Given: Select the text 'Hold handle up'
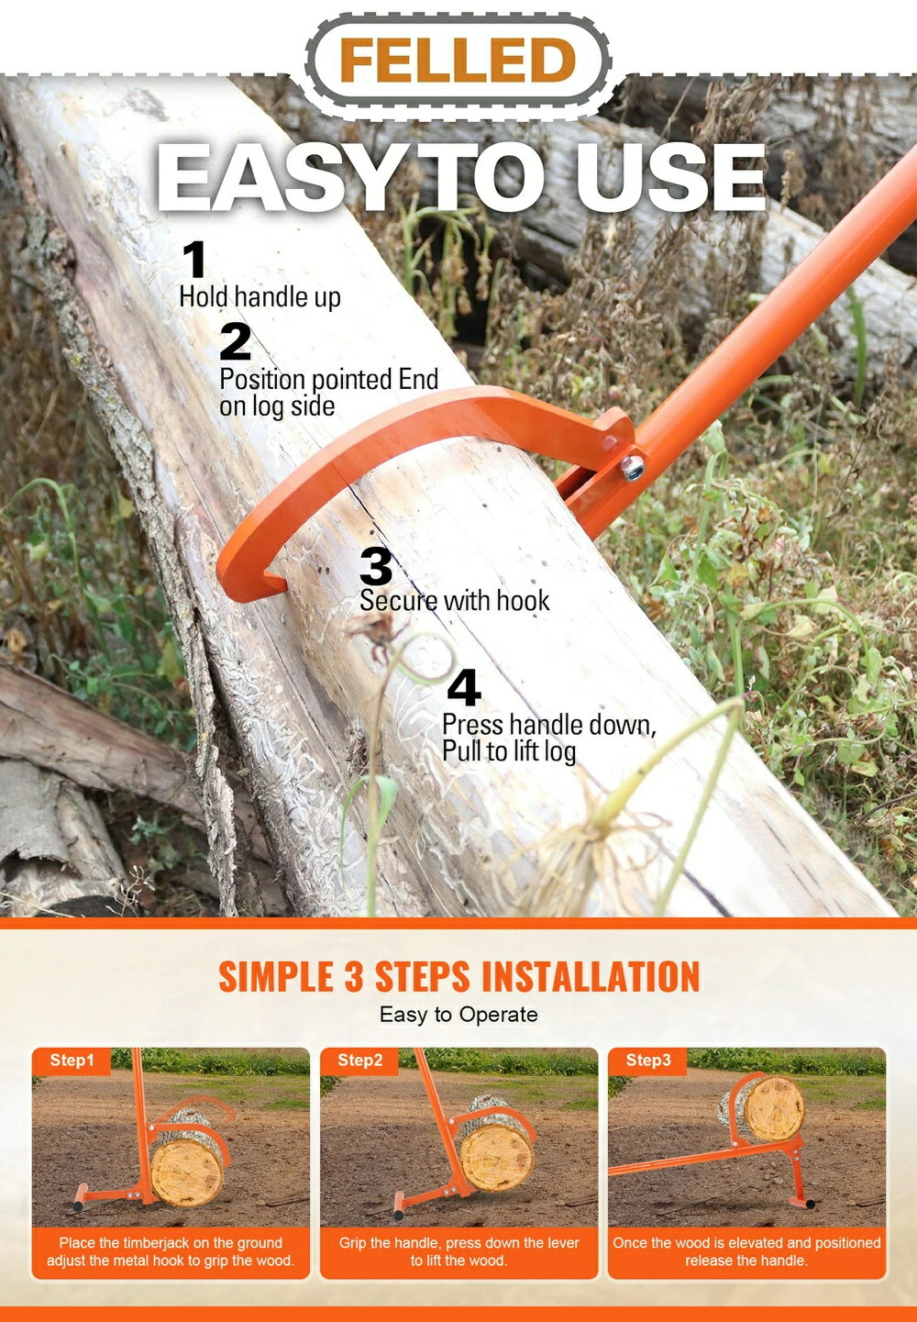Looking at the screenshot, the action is pyautogui.click(x=260, y=297).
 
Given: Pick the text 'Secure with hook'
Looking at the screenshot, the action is pyautogui.click(x=454, y=601).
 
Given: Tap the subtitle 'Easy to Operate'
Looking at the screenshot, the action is pyautogui.click(x=458, y=1015).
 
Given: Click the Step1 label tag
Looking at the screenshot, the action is pyautogui.click(x=72, y=1060).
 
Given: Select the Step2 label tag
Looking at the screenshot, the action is pyautogui.click(x=359, y=1060).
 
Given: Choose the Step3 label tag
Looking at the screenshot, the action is pyautogui.click(x=648, y=1060).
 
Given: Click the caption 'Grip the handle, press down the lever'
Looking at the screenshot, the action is pyautogui.click(x=459, y=1242).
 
